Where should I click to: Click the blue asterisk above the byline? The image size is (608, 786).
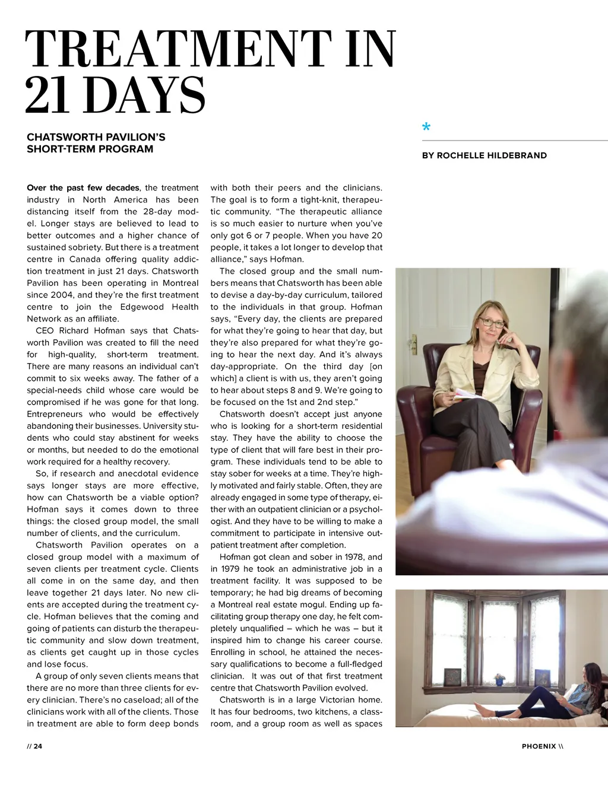coord(426,127)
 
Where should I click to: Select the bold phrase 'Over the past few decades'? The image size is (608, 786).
coord(83,188)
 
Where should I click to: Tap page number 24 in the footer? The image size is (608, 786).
coord(38,746)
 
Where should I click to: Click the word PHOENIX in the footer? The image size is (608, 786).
coord(539,746)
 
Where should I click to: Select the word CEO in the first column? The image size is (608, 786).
coord(45,330)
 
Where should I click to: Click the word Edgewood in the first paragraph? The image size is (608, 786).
coord(142,307)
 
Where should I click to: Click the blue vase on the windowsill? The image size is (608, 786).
coord(499,683)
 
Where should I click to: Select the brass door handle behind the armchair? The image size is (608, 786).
coord(414,342)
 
